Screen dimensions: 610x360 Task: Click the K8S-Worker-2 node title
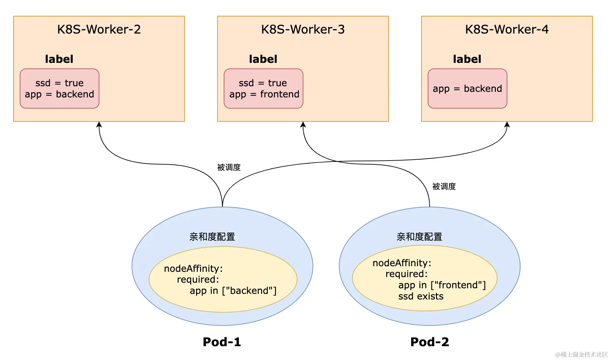(99, 29)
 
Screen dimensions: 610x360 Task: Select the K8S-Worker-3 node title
(303, 29)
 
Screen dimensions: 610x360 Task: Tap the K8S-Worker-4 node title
(507, 29)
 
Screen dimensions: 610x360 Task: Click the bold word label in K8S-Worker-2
(59, 59)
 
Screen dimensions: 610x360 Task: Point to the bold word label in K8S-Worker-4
(467, 59)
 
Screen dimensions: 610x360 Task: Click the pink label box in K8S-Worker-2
(60, 89)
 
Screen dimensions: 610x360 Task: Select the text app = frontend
(264, 94)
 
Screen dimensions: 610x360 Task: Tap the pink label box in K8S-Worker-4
(468, 89)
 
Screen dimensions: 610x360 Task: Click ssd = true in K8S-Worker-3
(263, 83)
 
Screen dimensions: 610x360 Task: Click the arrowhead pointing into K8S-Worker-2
(99, 124)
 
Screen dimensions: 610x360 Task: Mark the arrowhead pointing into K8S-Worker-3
(303, 124)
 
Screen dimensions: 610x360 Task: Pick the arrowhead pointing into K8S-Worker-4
(507, 124)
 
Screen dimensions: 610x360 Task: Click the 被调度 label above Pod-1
(229, 167)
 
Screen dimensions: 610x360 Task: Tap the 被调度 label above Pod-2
(444, 187)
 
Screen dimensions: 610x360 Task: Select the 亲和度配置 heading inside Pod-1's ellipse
(212, 237)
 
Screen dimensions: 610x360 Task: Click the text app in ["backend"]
(233, 291)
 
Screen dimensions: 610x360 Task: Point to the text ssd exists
(421, 296)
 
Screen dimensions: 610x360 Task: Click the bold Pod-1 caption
(222, 342)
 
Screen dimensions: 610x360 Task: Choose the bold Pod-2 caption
(430, 342)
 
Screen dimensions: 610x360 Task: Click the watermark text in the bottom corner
(581, 354)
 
